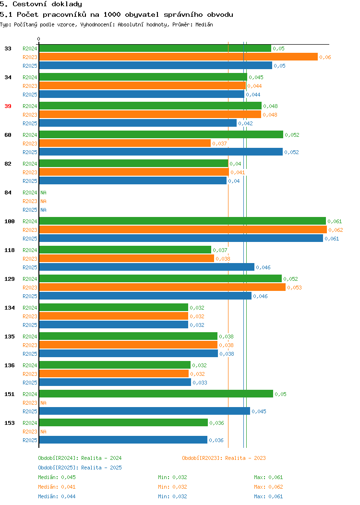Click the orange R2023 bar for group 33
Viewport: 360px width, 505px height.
coord(179,57)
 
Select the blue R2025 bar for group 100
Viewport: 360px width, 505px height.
coord(181,238)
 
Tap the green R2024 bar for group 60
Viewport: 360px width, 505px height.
coord(161,134)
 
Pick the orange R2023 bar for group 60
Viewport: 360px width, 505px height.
coord(125,144)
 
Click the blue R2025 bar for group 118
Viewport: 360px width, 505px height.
coord(147,267)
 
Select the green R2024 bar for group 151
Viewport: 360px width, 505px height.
coord(156,394)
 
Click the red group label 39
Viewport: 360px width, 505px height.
coord(8,106)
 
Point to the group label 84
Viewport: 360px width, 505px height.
coord(8,192)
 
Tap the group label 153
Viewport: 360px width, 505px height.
coord(10,423)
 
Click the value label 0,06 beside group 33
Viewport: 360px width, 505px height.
coord(325,57)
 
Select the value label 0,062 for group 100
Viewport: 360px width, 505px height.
coord(336,230)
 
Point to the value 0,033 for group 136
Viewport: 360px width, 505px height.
coord(200,383)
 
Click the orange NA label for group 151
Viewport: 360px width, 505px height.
coord(44,403)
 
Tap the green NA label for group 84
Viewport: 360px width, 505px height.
coord(44,192)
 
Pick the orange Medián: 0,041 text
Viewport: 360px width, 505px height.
coord(57,487)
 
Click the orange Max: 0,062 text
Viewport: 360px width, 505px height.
coord(268,487)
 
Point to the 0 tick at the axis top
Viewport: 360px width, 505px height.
coord(39,39)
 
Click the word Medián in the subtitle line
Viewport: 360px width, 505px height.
coord(204,24)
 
